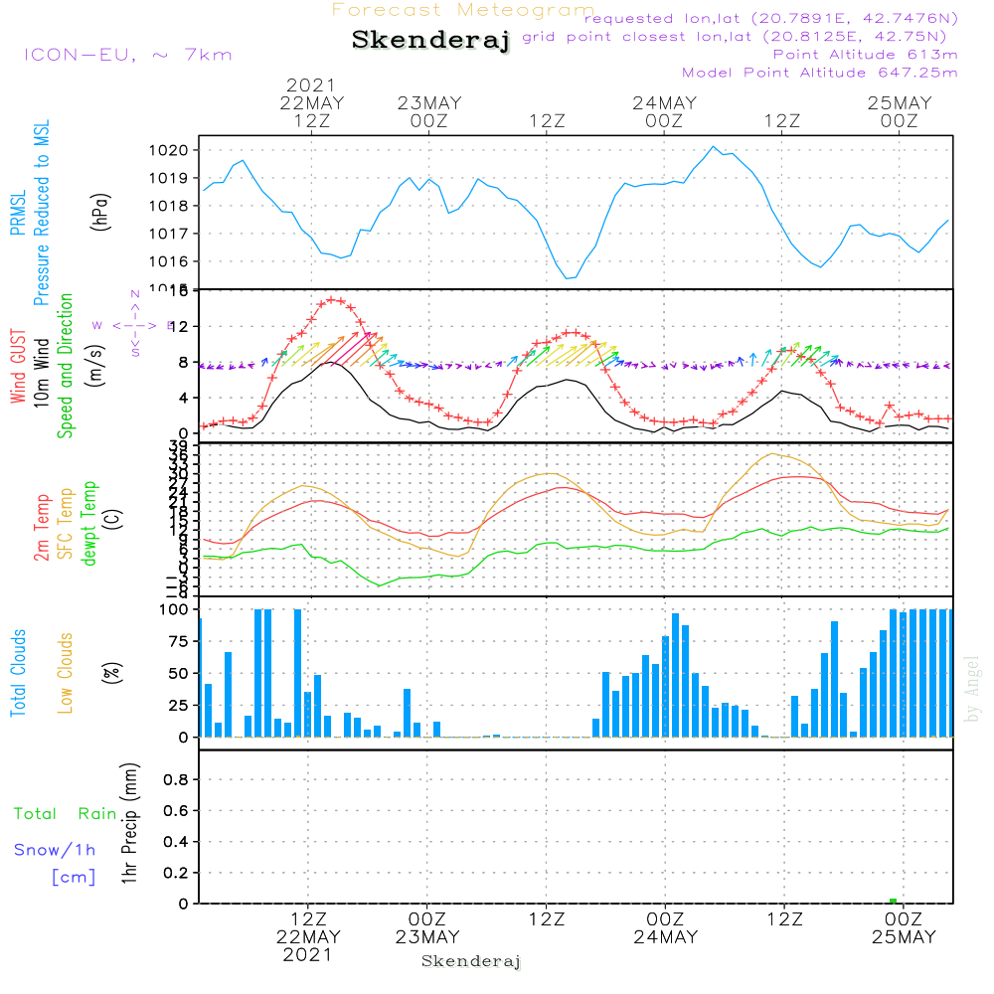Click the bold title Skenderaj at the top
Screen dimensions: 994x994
click(x=430, y=41)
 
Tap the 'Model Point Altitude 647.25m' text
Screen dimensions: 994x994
click(x=819, y=73)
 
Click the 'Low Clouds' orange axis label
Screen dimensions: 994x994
click(x=66, y=673)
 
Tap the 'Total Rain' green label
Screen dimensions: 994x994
click(x=65, y=814)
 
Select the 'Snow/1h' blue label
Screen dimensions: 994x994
click(x=56, y=850)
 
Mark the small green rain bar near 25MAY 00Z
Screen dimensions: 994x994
click(x=893, y=901)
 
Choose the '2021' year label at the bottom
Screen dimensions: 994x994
click(x=307, y=955)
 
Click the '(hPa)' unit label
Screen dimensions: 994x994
click(x=99, y=211)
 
